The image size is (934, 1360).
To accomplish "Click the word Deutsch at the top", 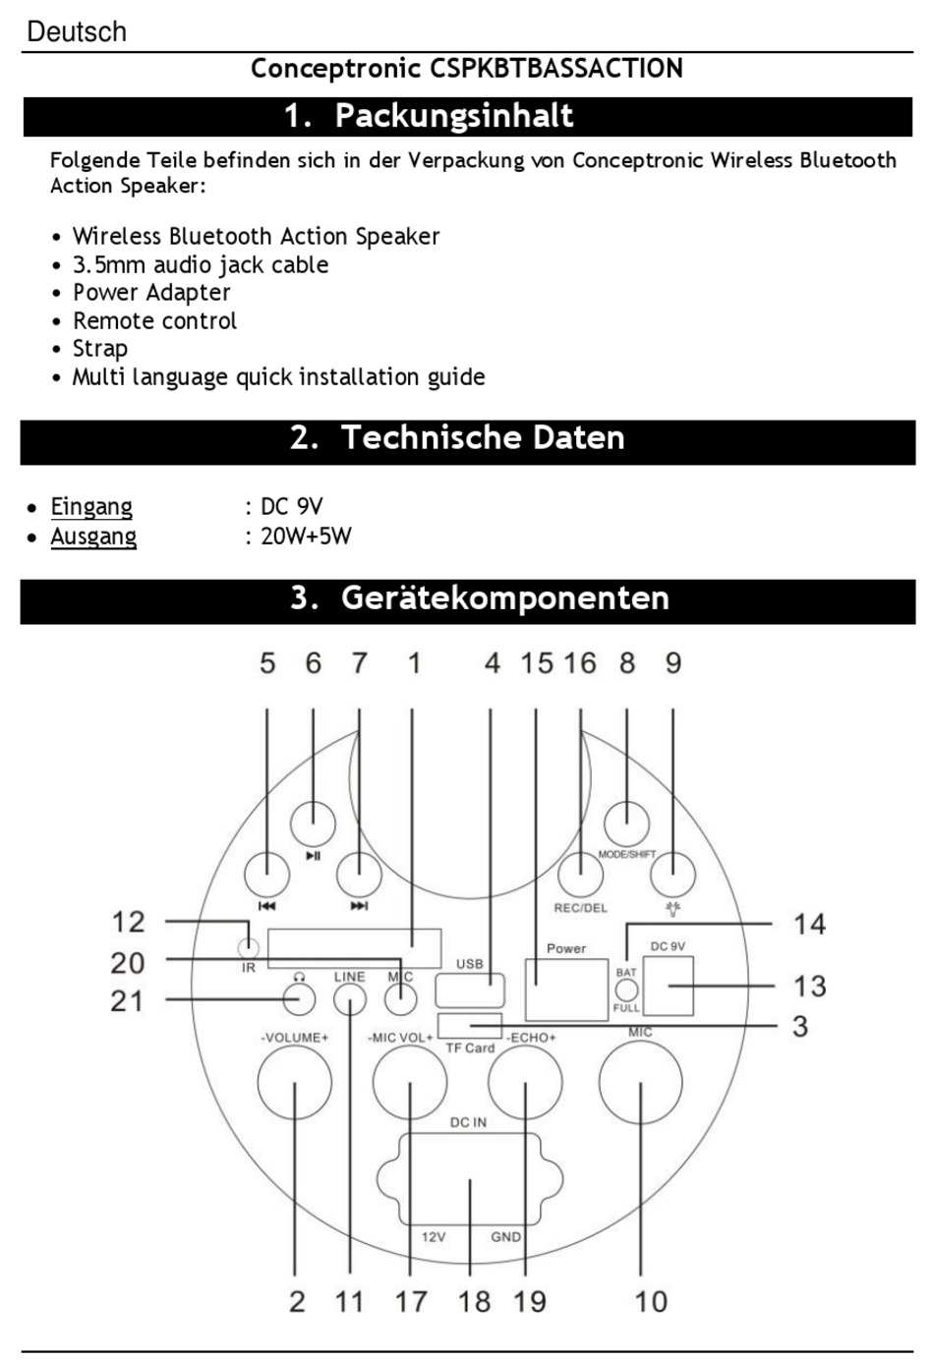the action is tap(77, 31).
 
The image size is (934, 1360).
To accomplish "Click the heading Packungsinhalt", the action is tap(453, 116).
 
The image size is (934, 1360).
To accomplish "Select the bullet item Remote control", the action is tap(154, 320).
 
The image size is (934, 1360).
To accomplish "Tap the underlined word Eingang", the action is tap(91, 506).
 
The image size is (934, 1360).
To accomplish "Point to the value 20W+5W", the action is tap(306, 536).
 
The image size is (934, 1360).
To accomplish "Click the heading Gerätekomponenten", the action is tap(504, 597).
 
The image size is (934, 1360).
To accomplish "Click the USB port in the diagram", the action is tap(470, 987).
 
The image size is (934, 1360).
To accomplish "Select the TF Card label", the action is tap(470, 1048).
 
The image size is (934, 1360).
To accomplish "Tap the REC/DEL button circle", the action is tap(580, 874).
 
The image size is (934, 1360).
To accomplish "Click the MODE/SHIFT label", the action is tap(626, 854).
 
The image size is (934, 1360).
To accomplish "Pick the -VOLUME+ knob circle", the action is tap(294, 1082).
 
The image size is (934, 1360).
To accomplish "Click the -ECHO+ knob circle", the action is tap(526, 1082).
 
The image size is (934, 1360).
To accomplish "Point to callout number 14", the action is tap(809, 924).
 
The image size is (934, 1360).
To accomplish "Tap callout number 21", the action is tap(127, 1000).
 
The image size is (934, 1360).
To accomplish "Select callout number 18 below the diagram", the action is tap(474, 1301).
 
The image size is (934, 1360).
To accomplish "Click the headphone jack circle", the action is tap(299, 999).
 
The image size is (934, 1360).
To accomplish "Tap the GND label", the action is tap(505, 1237).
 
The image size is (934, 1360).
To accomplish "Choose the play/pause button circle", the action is tap(313, 823).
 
